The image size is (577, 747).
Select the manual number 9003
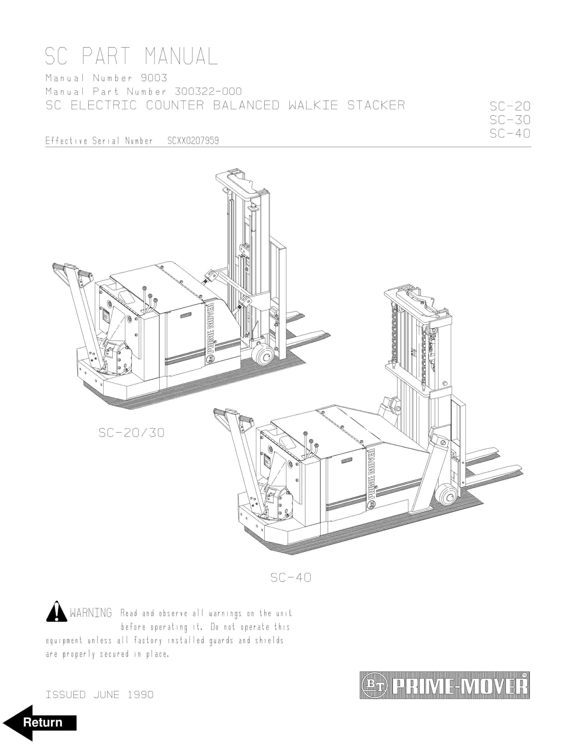(154, 78)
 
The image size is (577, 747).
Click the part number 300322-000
(208, 92)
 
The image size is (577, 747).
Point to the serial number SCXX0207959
(193, 141)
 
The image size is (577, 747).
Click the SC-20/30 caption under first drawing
(131, 433)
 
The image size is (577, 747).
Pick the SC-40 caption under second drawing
(291, 578)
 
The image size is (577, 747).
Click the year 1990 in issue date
(140, 695)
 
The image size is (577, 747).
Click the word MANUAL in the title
(181, 56)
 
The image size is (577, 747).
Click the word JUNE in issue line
(106, 695)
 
